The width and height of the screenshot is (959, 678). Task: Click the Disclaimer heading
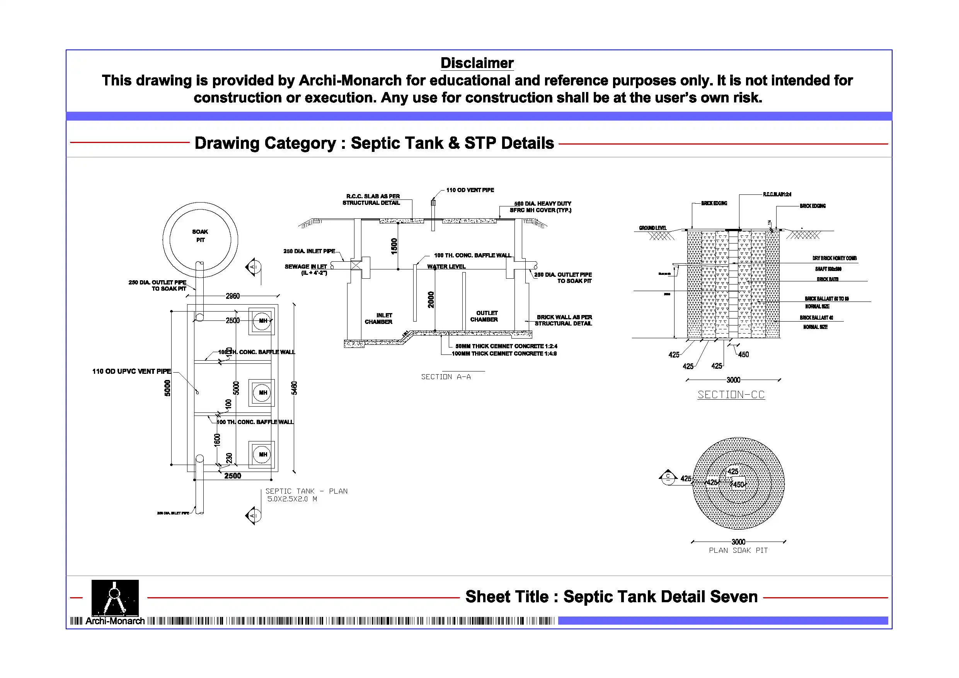point(477,63)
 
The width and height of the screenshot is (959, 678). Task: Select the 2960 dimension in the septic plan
point(233,296)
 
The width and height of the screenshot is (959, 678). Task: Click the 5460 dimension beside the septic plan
point(294,388)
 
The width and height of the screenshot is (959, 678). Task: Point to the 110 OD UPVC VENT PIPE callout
point(131,371)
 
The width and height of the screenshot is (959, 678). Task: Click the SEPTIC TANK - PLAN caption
point(306,491)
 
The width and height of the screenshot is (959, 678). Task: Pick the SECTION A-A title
point(446,377)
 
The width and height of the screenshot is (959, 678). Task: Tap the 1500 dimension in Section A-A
point(394,246)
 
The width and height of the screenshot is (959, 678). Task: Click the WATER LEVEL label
point(446,266)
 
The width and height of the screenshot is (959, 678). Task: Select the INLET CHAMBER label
point(379,319)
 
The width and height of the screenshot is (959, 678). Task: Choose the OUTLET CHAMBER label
point(484,316)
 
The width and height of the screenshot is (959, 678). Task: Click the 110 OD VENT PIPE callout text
point(470,190)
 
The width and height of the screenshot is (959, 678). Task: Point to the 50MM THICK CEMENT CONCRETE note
point(506,346)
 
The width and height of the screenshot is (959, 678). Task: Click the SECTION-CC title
point(731,395)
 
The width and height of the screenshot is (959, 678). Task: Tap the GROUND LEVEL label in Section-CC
point(652,228)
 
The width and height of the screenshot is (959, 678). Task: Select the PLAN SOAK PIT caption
point(738,550)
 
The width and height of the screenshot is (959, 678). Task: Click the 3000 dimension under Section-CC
point(733,380)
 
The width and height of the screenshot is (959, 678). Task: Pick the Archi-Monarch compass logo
point(115,597)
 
